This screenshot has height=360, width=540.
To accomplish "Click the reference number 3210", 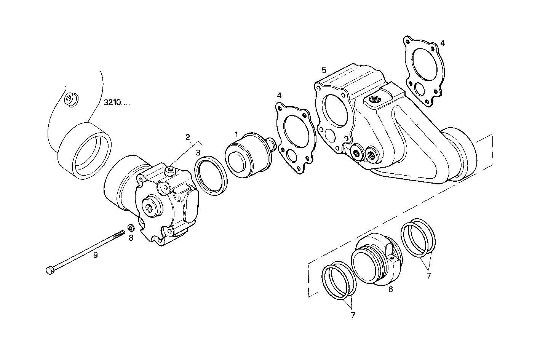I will tap(116, 103).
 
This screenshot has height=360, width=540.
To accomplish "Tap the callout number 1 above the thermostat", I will tap(236, 134).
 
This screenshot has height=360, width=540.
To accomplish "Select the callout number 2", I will tap(187, 137).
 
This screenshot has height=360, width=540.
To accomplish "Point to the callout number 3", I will tap(198, 153).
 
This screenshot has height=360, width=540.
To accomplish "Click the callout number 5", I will tap(324, 70).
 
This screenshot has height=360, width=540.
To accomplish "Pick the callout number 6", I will tap(390, 290).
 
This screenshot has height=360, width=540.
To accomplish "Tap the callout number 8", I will tap(131, 238).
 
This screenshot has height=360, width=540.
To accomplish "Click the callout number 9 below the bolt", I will tap(96, 255).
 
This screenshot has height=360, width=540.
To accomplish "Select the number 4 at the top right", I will tap(442, 43).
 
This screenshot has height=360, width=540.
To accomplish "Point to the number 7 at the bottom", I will tap(353, 315).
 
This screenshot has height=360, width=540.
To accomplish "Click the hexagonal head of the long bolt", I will tap(50, 270).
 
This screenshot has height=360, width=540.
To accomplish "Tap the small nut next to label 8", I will tap(130, 228).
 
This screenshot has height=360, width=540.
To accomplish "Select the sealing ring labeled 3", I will tap(211, 175).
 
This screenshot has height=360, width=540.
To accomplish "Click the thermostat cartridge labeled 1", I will tap(247, 156).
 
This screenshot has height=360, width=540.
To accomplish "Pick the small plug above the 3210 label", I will tap(70, 99).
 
